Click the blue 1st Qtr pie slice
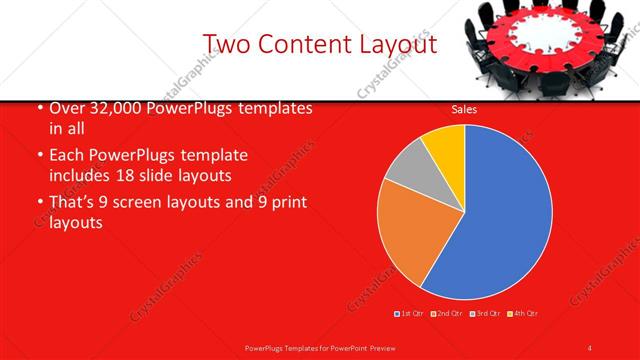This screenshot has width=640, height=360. tap(500, 215)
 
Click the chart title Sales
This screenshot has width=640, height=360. tap(464, 109)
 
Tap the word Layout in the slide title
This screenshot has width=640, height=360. tap(397, 44)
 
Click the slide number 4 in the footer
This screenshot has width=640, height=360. tap(590, 347)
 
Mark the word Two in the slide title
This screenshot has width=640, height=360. tap(228, 44)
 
